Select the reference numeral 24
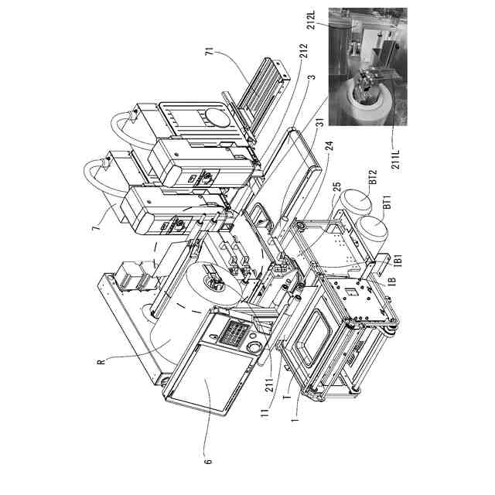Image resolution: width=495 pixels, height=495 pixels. click(329, 161)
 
